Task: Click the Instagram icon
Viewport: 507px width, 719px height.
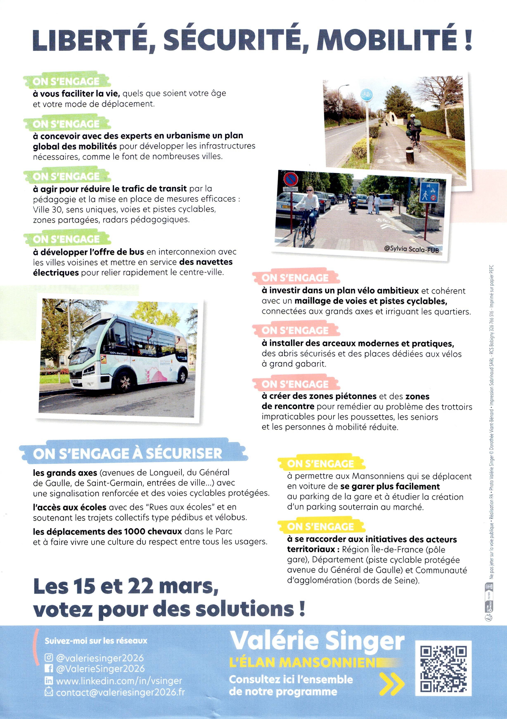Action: [49, 658]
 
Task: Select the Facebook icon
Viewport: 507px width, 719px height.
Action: [49, 669]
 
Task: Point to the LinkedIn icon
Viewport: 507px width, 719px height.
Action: [49, 680]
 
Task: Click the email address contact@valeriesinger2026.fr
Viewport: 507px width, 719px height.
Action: [120, 692]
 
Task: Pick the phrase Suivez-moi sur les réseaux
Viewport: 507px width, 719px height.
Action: [96, 641]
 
